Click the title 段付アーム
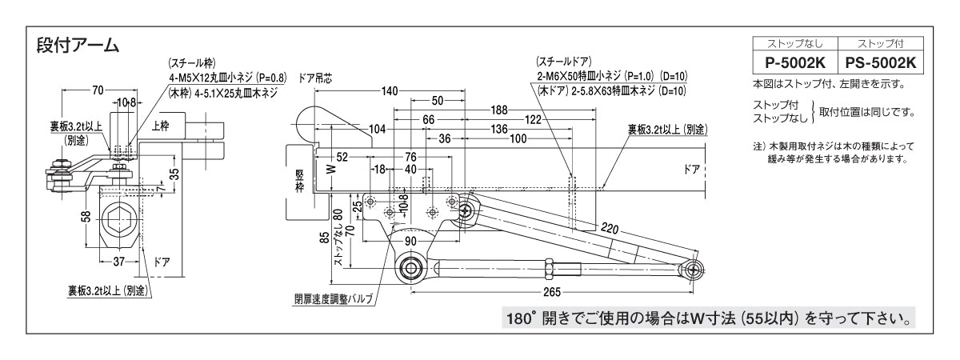point(78,46)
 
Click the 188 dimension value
point(500,110)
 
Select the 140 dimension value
point(389,90)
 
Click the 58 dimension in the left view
point(86,218)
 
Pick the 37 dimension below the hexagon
point(118,261)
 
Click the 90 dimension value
point(411,240)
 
